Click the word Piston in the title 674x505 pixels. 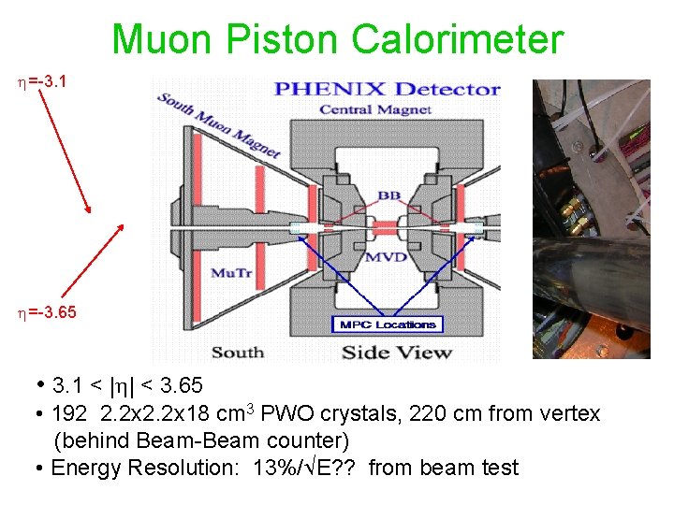coord(291,40)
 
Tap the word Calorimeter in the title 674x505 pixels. coord(459,40)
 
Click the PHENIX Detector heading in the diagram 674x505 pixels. coord(386,90)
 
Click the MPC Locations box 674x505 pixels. coord(388,325)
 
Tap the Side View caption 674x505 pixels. coord(396,352)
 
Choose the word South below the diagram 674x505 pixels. coord(237,353)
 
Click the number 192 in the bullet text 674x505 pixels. coord(71,413)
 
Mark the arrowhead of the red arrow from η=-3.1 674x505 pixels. coord(88,211)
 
